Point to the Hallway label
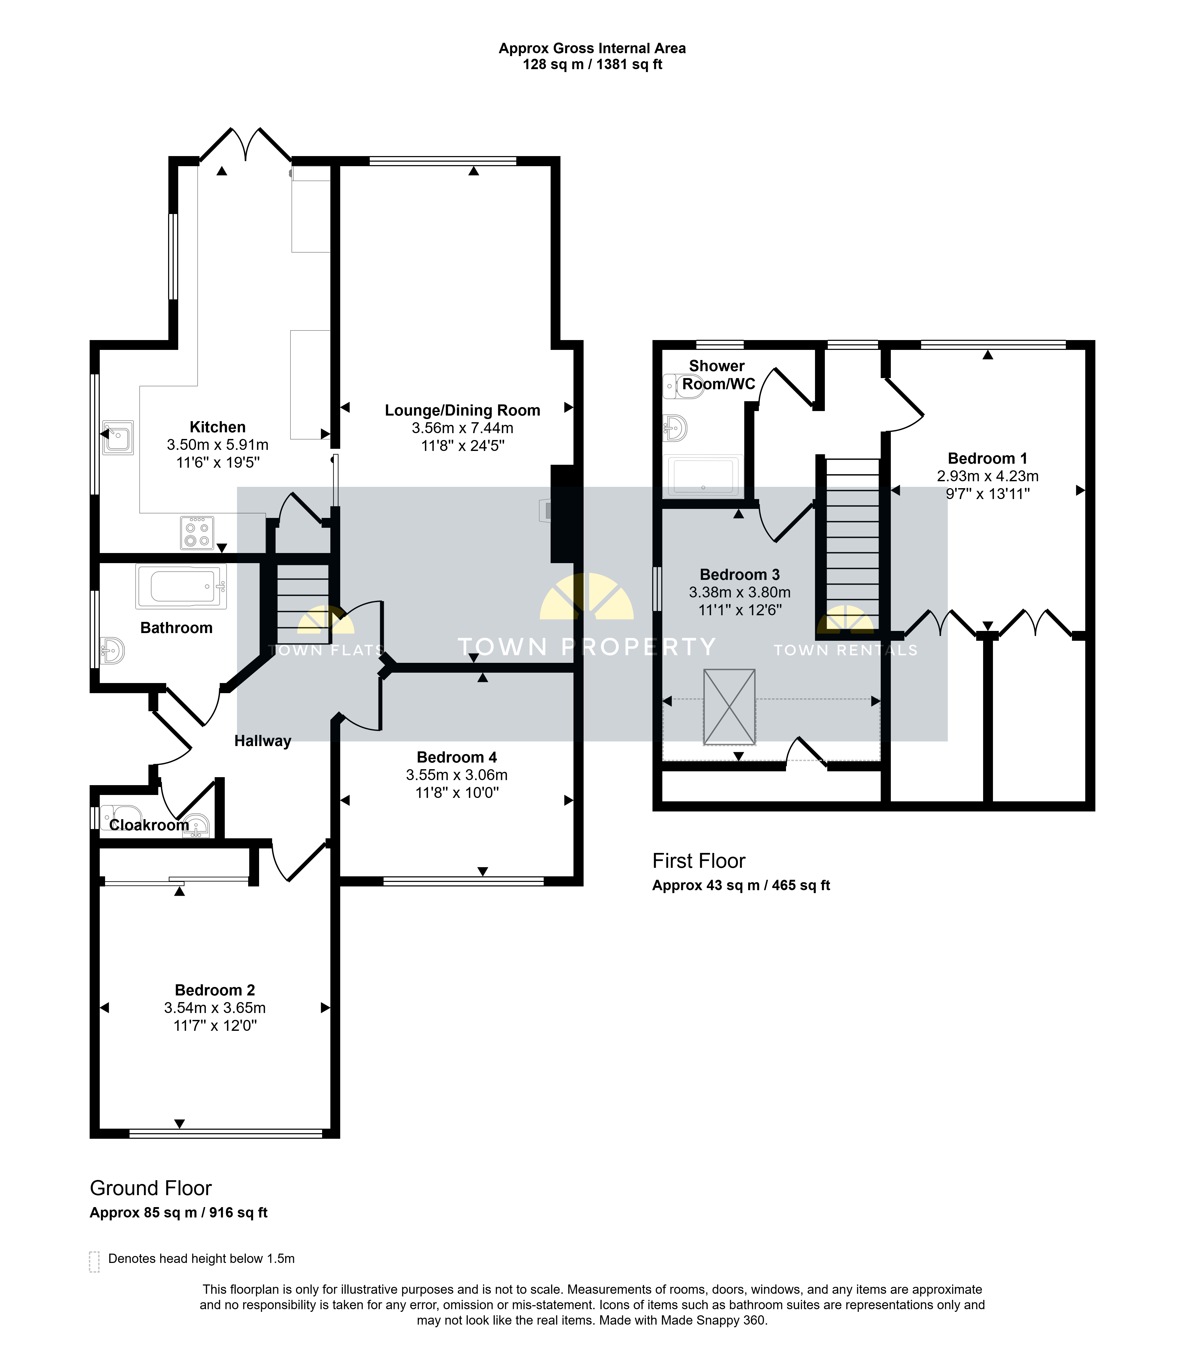click(263, 741)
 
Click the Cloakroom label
click(149, 825)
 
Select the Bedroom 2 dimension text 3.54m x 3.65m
click(215, 1008)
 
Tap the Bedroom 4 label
click(457, 757)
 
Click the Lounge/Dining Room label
click(463, 410)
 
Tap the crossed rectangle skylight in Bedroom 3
click(729, 707)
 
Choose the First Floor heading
click(699, 861)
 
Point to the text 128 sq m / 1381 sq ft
click(593, 65)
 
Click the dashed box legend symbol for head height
click(94, 1262)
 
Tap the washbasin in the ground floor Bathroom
click(113, 650)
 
